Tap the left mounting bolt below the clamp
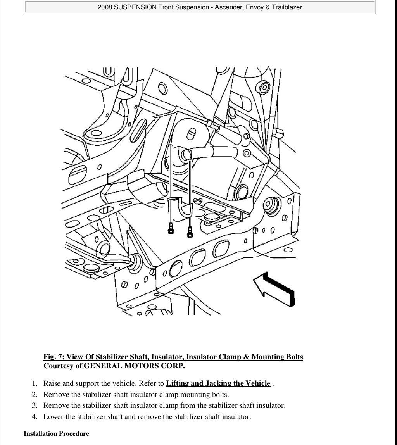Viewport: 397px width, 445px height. click(x=170, y=229)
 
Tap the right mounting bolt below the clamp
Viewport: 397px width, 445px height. click(x=190, y=231)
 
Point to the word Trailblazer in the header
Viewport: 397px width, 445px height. click(x=285, y=7)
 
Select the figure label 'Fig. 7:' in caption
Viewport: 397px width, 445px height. click(x=54, y=357)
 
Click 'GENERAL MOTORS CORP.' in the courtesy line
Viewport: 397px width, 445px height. click(x=134, y=366)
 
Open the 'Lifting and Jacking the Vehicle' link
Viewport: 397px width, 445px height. click(x=218, y=383)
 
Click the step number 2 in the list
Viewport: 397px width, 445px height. click(x=35, y=395)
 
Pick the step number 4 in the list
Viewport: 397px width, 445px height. click(x=35, y=417)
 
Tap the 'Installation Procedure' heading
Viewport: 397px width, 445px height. click(x=56, y=434)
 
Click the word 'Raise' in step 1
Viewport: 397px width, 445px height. click(x=52, y=383)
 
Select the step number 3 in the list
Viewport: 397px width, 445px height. click(x=35, y=406)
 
